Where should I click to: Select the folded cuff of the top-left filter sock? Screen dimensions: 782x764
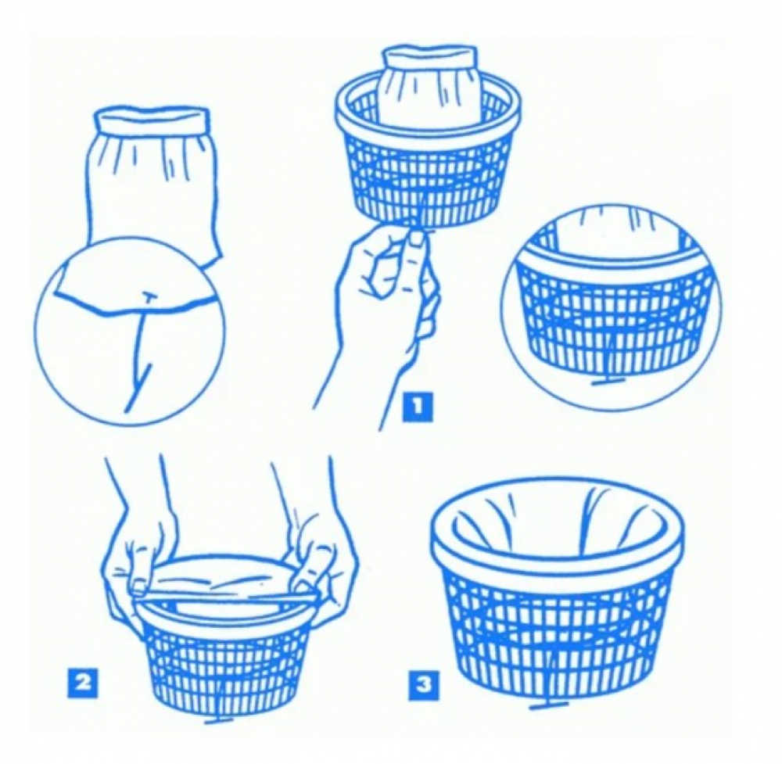tap(150, 118)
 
